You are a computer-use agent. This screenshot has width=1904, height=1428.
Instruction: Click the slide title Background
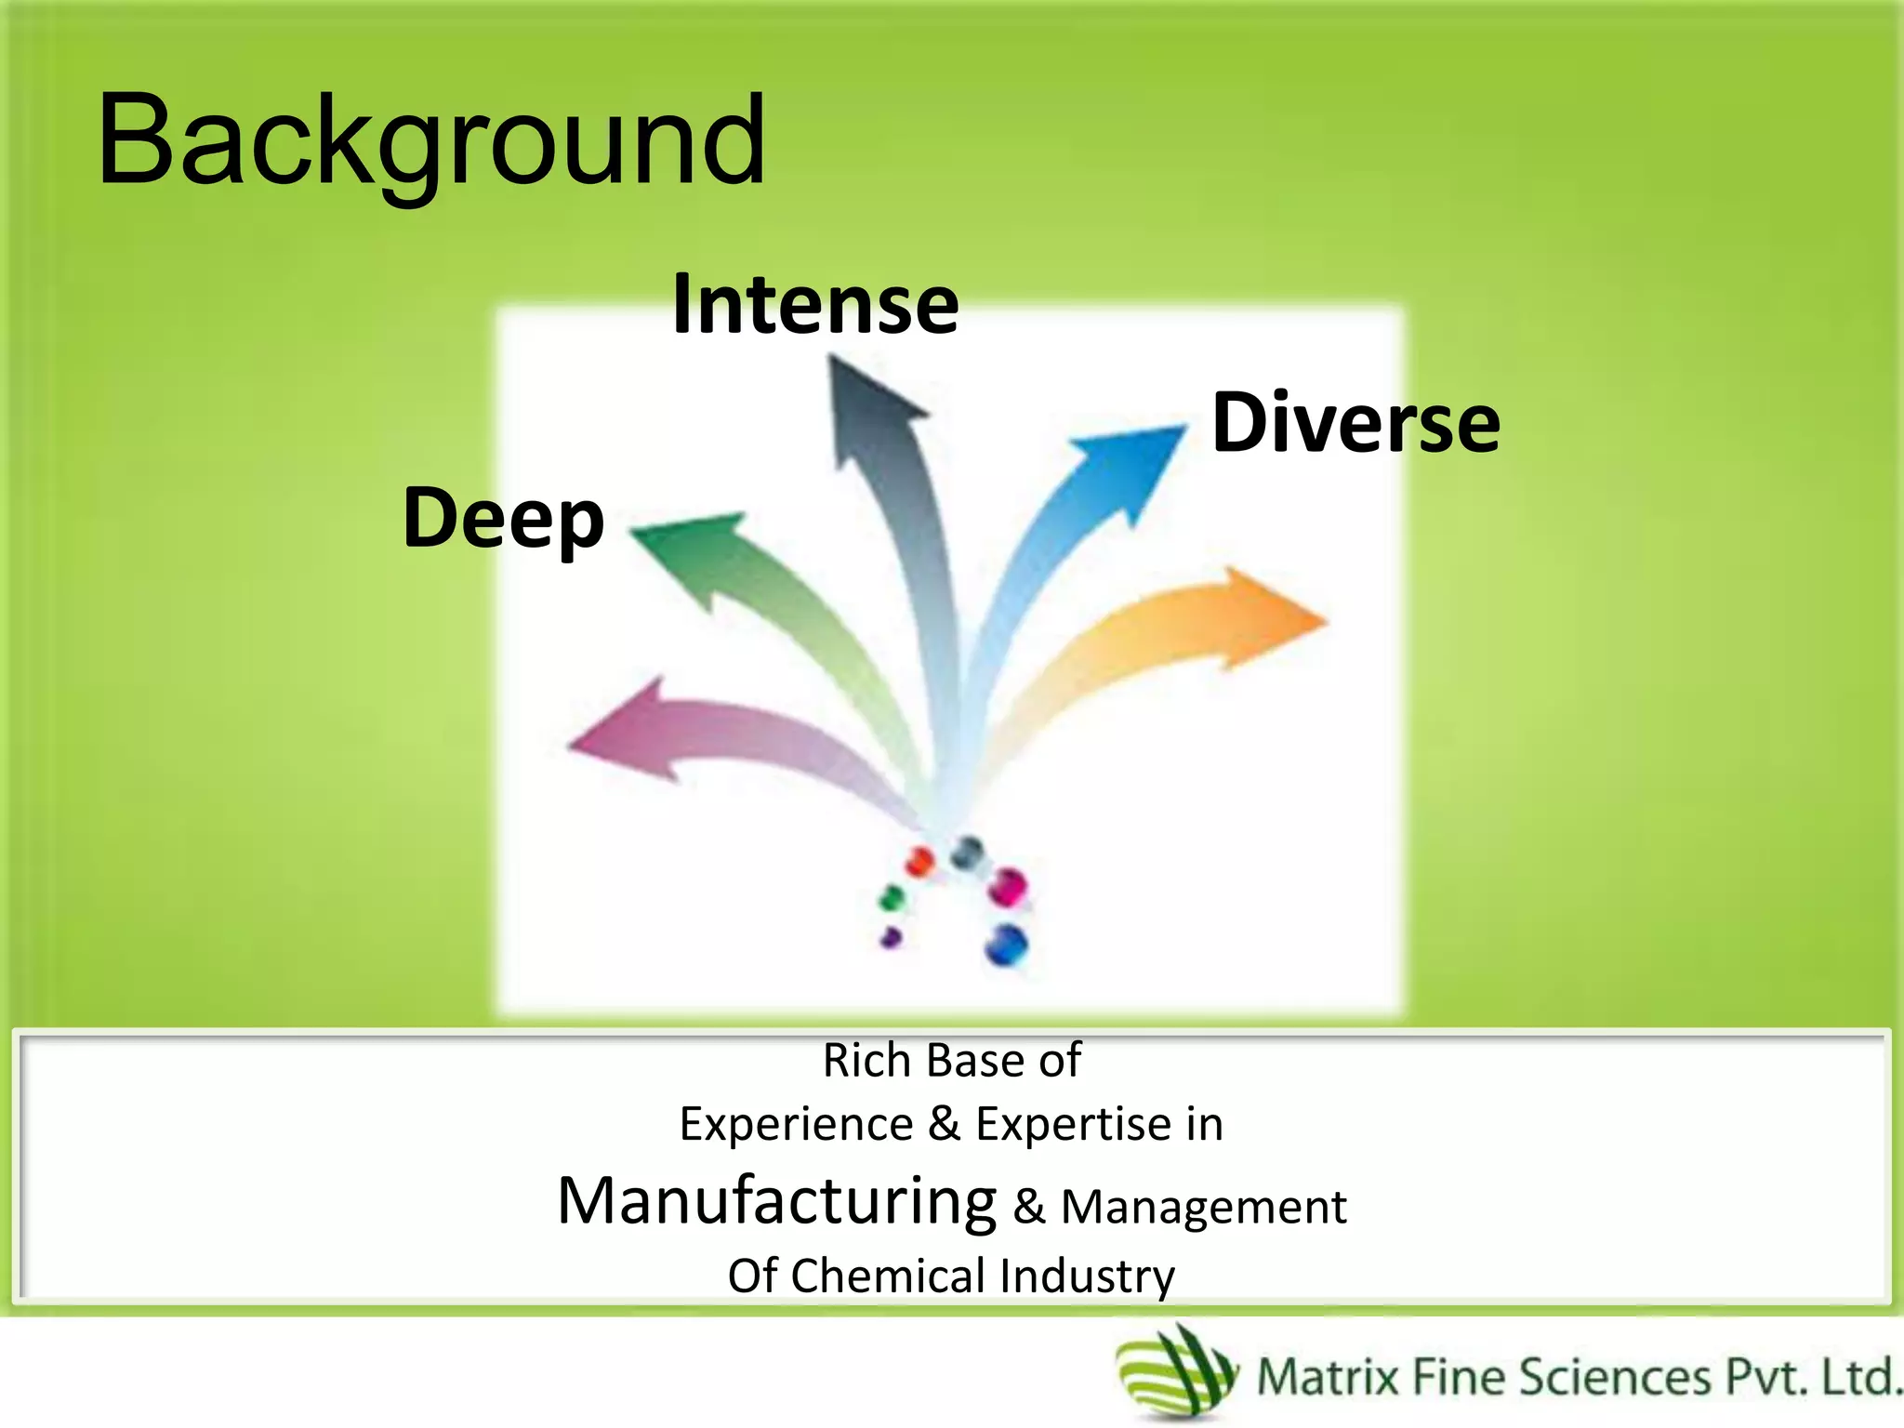click(x=431, y=141)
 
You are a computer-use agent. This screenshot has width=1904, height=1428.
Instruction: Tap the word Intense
click(x=815, y=305)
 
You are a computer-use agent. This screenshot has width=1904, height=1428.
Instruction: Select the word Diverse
click(x=1355, y=423)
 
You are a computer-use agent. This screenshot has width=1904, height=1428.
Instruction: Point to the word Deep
click(x=503, y=518)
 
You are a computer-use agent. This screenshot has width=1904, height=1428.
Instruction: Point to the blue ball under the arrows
click(x=1007, y=945)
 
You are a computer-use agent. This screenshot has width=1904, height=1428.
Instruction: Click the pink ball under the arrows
click(x=1007, y=887)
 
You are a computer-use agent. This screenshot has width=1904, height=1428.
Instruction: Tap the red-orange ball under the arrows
click(x=919, y=861)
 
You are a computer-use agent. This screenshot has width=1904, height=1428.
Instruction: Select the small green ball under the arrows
click(x=892, y=898)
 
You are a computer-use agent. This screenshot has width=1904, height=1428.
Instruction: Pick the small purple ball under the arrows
click(x=892, y=937)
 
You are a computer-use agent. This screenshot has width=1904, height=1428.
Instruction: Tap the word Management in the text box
click(x=1203, y=1208)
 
